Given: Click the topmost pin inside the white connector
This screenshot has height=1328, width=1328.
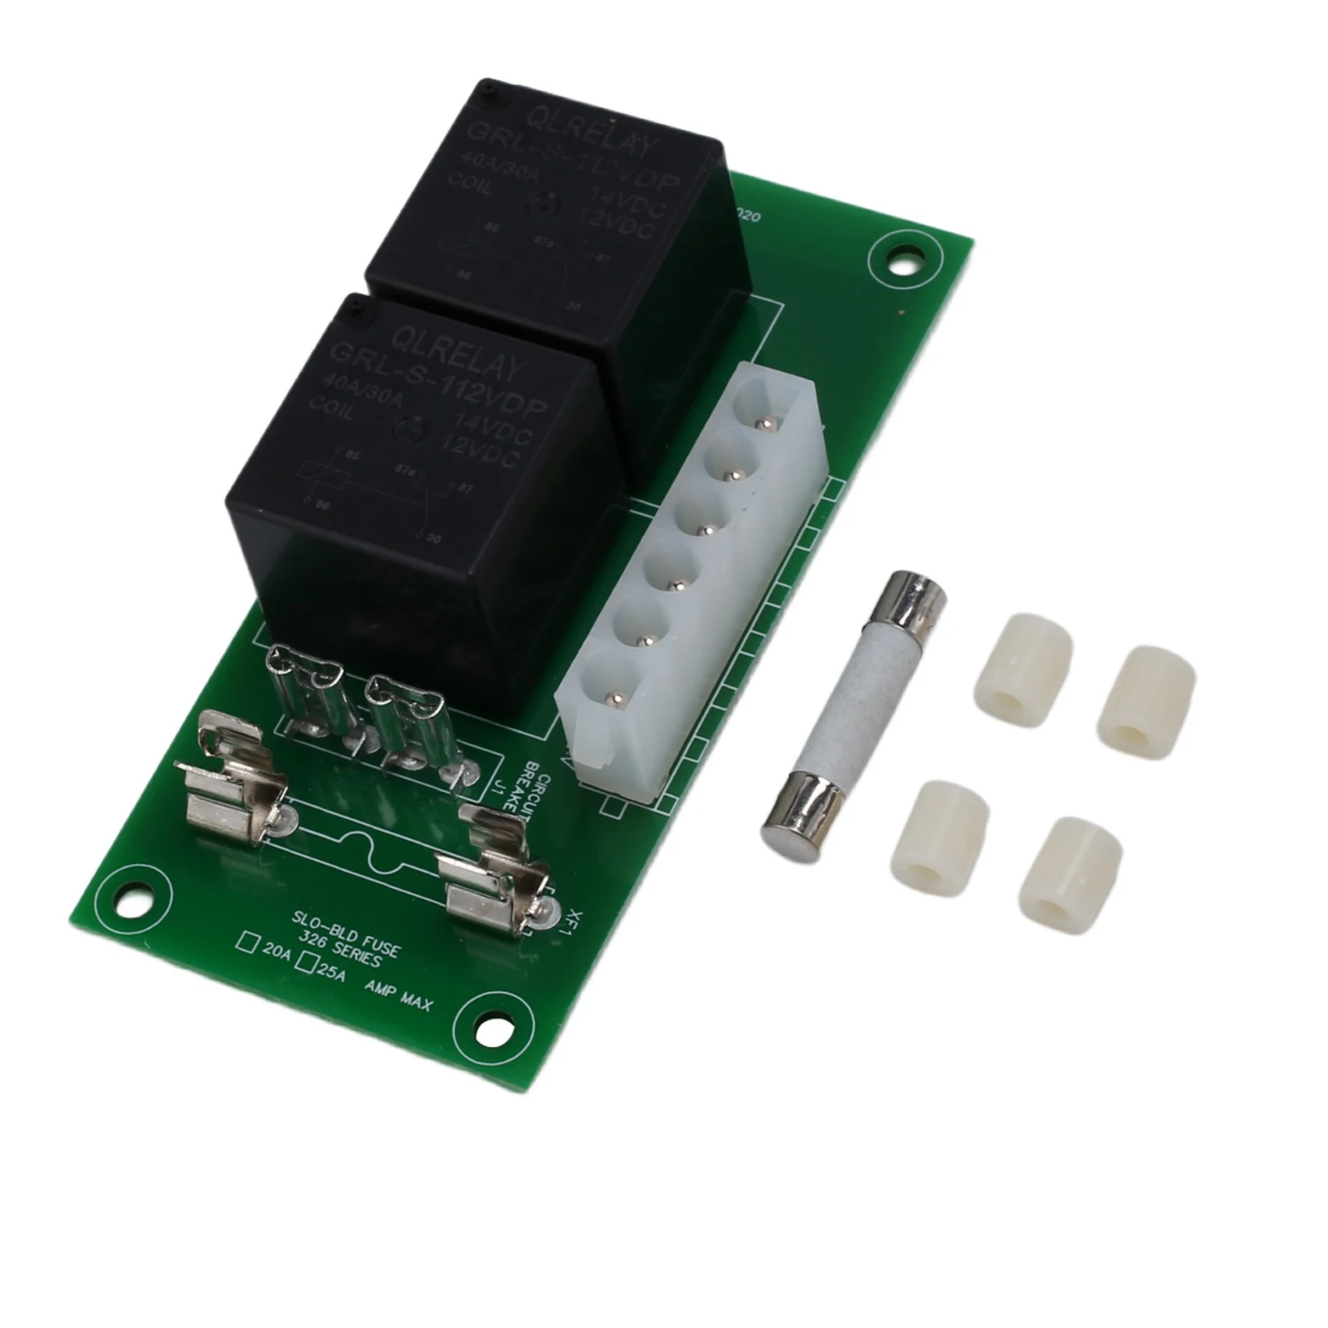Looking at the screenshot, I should (767, 423).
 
